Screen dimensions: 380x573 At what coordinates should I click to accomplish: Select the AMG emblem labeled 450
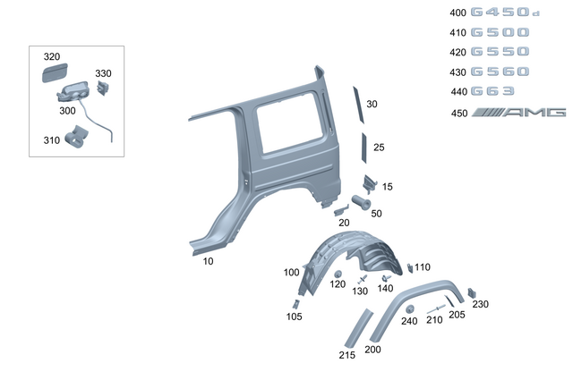520,113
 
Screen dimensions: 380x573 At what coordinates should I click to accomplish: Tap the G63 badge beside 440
494,91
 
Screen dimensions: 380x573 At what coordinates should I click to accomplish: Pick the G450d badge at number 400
505,13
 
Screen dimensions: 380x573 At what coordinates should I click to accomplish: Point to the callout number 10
208,261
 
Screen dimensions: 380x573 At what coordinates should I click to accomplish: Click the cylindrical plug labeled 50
363,201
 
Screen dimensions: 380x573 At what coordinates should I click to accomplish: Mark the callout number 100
291,272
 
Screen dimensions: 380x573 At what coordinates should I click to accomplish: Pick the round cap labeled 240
408,308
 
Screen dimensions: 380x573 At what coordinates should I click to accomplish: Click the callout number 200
372,350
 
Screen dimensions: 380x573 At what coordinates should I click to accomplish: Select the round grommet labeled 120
338,273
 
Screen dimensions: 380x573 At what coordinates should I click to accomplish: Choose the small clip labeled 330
103,88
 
